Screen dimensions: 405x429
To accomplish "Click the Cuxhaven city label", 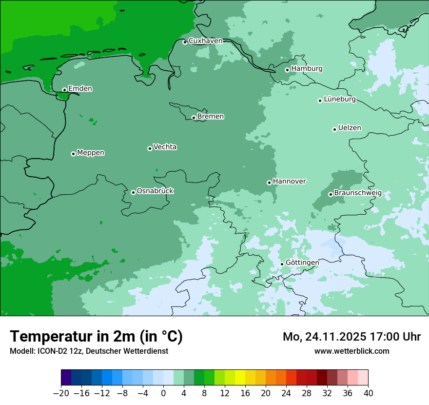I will (205, 41).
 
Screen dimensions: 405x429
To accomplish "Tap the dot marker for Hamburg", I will (287, 70).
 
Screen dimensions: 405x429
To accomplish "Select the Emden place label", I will (80, 89).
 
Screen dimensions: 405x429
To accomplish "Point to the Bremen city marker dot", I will (194, 118).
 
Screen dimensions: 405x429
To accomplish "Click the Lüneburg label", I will (339, 100).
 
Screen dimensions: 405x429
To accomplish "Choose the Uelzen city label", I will (350, 128).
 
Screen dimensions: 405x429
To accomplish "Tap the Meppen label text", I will (91, 153).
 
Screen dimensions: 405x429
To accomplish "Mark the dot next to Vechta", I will (150, 148).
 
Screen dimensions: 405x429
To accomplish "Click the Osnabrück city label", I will (155, 191).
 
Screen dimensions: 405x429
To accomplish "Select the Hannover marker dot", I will (269, 182).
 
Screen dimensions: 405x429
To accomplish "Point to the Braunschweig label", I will (358, 193).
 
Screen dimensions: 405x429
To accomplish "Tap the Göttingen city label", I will (302, 263).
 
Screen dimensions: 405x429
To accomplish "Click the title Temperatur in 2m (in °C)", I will (96, 337).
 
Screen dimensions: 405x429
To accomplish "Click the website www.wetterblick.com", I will (351, 351).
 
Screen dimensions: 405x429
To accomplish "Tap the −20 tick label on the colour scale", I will (61, 393).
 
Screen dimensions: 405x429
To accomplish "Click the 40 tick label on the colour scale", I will (368, 393).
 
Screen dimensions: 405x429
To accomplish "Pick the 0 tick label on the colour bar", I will (163, 393).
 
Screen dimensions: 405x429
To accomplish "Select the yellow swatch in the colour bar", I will (240, 378).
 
